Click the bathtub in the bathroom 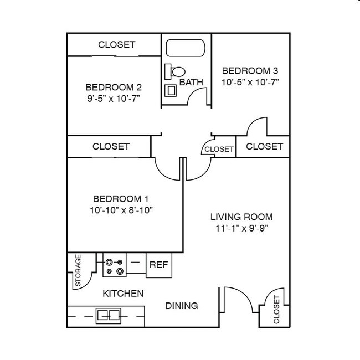coord(186,48)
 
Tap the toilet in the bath coord(177,71)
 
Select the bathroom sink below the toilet coord(171,90)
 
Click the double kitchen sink coord(109,316)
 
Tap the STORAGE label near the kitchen coord(78,270)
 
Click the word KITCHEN coord(123,294)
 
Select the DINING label coord(182,306)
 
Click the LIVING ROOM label coord(241,217)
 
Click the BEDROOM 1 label coord(121,199)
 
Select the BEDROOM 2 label coord(114,87)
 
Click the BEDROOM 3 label coord(250,71)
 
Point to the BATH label coord(191,82)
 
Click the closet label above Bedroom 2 coord(116,45)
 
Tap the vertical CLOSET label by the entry coord(276,310)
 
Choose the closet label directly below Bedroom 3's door coord(264,147)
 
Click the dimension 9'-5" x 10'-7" coord(114,99)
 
